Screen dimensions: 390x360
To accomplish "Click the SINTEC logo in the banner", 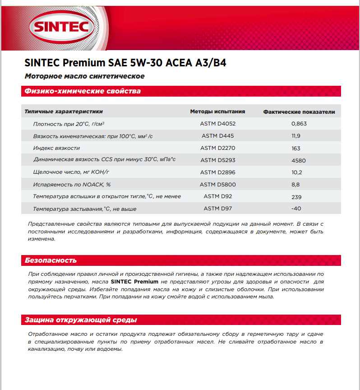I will (x=61, y=28).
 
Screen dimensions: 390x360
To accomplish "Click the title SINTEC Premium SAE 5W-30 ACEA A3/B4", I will (x=125, y=63).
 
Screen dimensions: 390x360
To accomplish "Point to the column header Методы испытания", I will (x=217, y=111).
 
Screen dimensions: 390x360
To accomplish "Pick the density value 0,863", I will (x=299, y=123).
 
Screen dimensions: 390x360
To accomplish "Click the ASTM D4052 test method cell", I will (x=218, y=123).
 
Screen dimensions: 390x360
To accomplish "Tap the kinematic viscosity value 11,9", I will (x=295, y=136).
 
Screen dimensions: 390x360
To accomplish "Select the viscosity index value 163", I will (x=296, y=148).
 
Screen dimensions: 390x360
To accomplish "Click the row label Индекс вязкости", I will (x=56, y=148).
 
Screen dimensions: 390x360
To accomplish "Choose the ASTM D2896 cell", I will (x=218, y=172).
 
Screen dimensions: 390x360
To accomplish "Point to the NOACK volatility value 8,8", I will (x=296, y=185).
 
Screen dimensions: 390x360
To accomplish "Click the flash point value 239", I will (x=296, y=197).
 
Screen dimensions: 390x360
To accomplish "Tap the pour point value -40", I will (x=296, y=209).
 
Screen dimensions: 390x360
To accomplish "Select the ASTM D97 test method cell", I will (x=217, y=209).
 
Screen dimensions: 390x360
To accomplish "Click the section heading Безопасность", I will (x=51, y=260).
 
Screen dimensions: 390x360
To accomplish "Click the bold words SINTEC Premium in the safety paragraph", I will (x=134, y=281).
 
